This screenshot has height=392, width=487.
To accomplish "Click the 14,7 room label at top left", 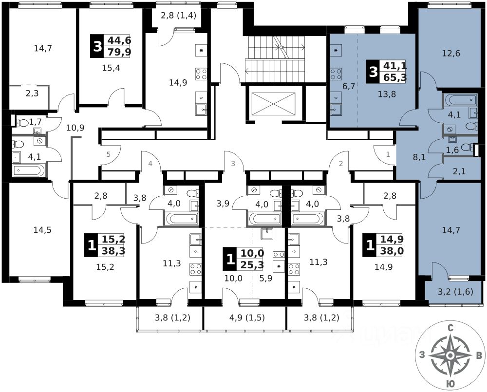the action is coord(43,48).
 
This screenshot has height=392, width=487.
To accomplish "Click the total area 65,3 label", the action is coord(395,77).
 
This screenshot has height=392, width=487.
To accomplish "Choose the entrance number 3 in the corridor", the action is coord(233,164).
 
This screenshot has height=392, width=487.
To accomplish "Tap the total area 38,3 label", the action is coord(113,251).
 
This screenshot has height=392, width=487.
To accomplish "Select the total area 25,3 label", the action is coord(251,264).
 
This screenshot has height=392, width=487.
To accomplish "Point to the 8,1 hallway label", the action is coord(406,158).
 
